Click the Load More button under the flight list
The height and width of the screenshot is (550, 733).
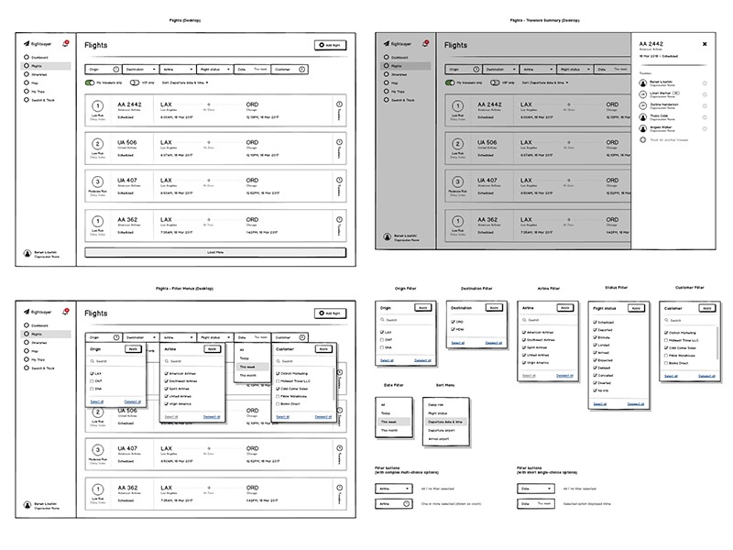215,251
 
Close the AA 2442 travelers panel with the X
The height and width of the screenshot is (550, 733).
705,43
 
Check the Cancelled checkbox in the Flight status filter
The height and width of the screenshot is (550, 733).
596,375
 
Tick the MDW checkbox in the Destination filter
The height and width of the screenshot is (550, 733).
454,330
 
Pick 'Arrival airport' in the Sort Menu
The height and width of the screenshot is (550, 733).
443,438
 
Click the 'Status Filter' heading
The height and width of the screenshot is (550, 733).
616,287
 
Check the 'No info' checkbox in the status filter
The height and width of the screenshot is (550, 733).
596,390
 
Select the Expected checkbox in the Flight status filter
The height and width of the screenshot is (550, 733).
596,360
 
